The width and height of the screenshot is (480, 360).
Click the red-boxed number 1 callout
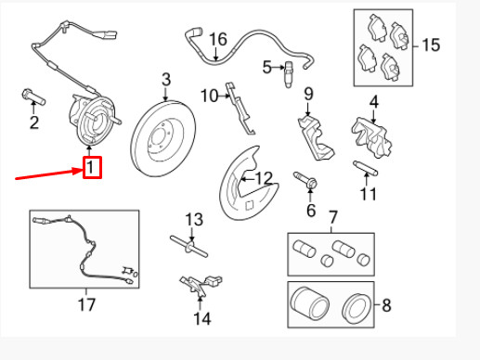tap(92, 167)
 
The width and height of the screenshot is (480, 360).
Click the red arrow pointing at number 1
tap(49, 174)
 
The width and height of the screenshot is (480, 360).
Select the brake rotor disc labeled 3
tap(163, 138)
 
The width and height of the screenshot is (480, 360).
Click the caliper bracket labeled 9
tap(315, 137)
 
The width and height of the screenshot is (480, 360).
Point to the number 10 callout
tap(209, 96)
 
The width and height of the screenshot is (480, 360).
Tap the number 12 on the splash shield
tap(264, 178)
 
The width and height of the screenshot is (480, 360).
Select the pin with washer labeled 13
tap(189, 246)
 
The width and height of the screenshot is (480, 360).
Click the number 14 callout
tap(202, 318)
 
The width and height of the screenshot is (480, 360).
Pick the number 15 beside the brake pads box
tap(431, 45)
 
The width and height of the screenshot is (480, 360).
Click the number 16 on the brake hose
tap(218, 39)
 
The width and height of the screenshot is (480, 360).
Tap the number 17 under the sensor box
tap(86, 304)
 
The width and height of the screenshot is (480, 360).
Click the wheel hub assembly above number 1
tap(94, 120)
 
